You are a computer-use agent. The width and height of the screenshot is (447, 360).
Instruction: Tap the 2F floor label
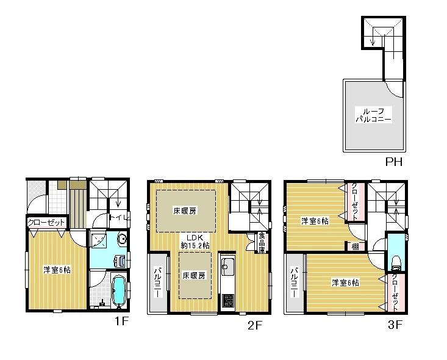point(254,325)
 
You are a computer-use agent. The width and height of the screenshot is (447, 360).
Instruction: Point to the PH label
point(393,162)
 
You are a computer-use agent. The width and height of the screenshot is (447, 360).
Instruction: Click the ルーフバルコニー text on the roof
point(373,115)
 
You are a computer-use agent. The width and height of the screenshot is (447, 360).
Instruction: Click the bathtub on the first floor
point(119,289)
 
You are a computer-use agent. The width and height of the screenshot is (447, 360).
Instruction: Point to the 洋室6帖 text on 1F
point(56,269)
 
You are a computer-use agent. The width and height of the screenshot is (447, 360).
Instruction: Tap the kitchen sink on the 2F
point(227,267)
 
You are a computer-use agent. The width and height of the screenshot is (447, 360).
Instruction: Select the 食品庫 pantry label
point(261,242)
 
